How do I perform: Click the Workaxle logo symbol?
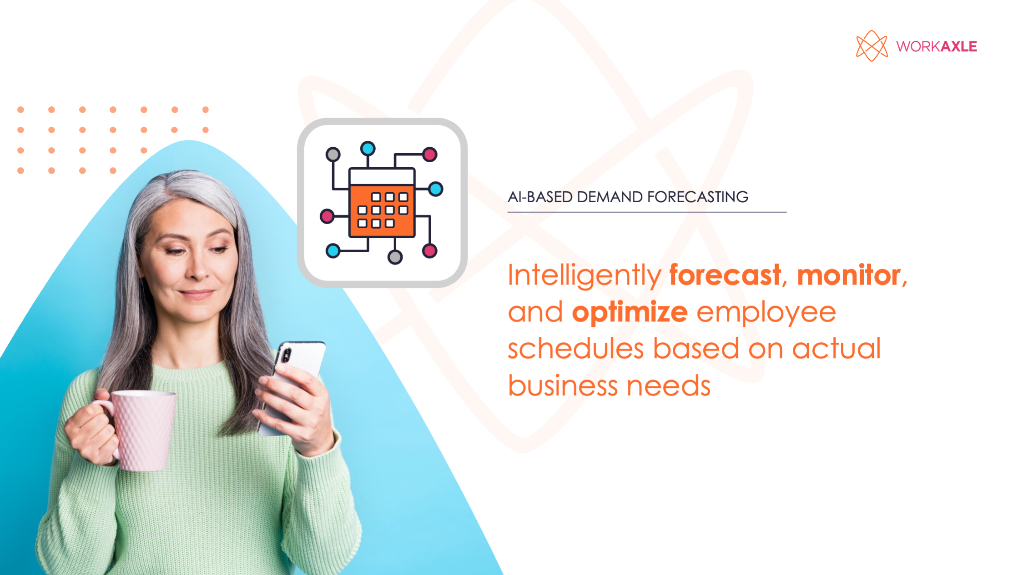pos(871,46)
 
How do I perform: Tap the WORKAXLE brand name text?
pos(936,46)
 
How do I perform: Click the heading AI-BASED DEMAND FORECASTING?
pos(628,197)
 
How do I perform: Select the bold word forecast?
pos(725,275)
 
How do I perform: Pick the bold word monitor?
pos(849,275)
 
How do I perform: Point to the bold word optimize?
pos(630,312)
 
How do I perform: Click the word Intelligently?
pos(584,275)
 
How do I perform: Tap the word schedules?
pos(575,349)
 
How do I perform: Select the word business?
pos(562,385)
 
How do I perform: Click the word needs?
pos(668,385)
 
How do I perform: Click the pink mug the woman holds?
pos(143,430)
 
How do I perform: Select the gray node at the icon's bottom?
pos(395,257)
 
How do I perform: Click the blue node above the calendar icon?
pos(368,148)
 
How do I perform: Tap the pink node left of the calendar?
pos(327,216)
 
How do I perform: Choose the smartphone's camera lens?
pos(286,355)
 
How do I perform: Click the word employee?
pos(766,312)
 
